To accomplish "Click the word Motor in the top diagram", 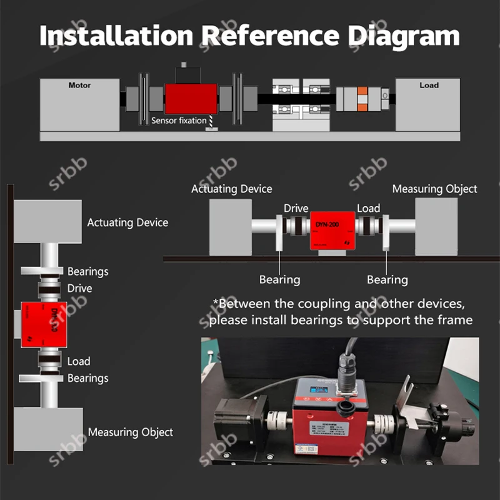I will pyautogui.click(x=79, y=85).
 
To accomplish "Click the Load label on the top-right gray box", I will pyautogui.click(x=429, y=85).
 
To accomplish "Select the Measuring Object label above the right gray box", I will pyautogui.click(x=434, y=189).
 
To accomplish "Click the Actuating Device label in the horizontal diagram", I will pyautogui.click(x=232, y=189).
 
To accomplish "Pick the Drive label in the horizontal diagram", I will pyautogui.click(x=296, y=208).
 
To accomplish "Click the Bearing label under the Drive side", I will pyautogui.click(x=280, y=279).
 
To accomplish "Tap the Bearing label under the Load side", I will pyautogui.click(x=387, y=279).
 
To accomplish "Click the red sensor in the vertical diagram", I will pyautogui.click(x=43, y=323).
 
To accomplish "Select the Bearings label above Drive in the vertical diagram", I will pyautogui.click(x=87, y=272).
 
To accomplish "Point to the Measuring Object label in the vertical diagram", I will pyautogui.click(x=131, y=432).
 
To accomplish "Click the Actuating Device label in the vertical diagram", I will pyautogui.click(x=127, y=222).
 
